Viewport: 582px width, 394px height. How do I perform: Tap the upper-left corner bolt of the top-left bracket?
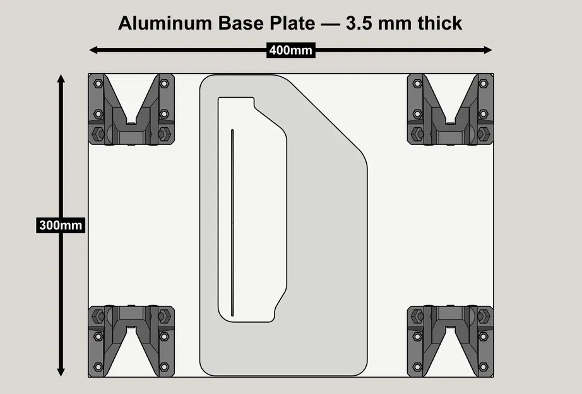coord(97,83)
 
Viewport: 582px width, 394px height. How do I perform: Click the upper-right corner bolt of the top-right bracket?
coord(483,83)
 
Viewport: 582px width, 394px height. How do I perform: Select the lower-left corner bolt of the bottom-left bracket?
coord(97,367)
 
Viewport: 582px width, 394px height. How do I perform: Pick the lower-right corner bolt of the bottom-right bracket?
coord(483,367)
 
